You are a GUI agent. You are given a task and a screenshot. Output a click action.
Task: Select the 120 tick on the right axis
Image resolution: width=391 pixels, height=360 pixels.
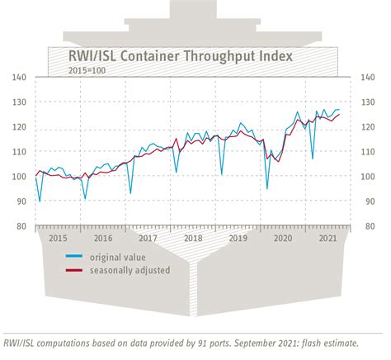coord(367,127)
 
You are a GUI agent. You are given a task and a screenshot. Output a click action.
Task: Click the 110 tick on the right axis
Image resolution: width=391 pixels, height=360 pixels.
coord(367,152)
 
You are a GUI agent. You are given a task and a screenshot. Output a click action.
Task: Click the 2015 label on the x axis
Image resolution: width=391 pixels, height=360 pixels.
coord(58,238)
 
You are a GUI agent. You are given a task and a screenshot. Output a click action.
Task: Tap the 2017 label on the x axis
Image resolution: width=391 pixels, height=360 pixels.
coord(148,238)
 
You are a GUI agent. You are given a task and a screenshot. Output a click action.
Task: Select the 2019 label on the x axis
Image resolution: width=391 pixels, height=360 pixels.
coord(238,238)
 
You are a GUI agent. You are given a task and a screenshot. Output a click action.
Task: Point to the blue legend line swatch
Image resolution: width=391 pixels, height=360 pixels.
coord(75,256)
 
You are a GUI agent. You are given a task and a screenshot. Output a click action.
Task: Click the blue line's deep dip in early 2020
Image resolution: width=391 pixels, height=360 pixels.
coord(266,188)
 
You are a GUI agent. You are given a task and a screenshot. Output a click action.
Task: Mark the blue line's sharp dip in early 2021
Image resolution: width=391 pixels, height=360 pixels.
coord(312,158)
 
